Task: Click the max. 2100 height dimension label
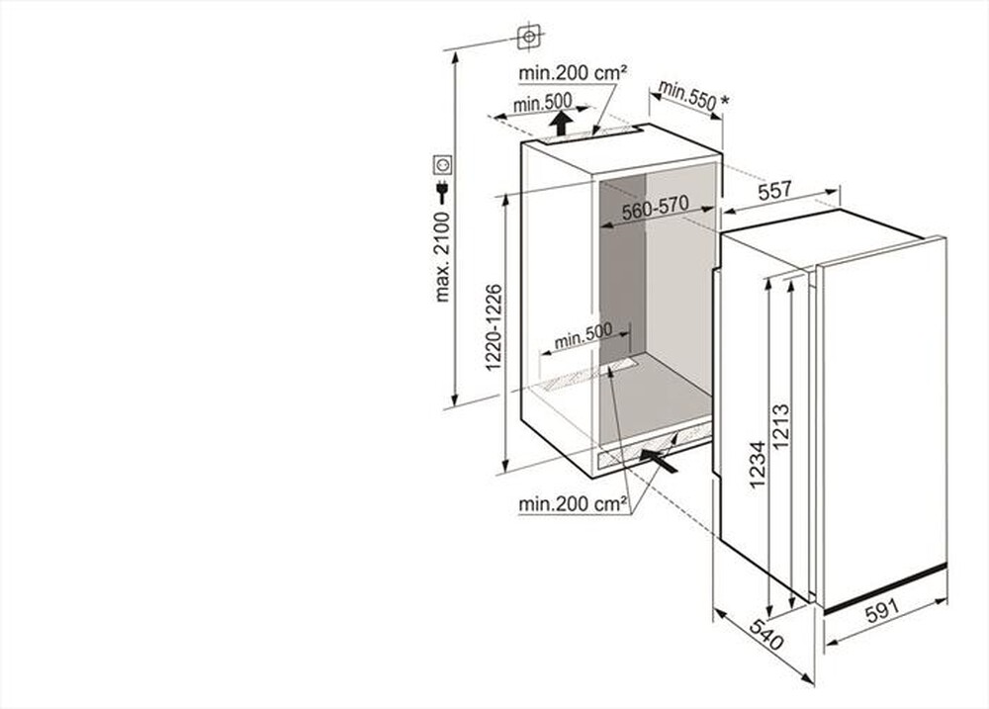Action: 442,255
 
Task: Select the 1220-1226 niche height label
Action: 494,327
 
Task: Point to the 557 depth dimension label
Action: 775,191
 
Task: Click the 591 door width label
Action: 882,611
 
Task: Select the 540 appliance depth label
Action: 765,636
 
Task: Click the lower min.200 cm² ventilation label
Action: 573,504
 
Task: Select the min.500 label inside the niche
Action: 584,336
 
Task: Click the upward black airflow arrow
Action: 561,123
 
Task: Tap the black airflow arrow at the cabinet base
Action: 659,459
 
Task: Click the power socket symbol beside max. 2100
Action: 442,164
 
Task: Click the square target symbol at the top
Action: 529,38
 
